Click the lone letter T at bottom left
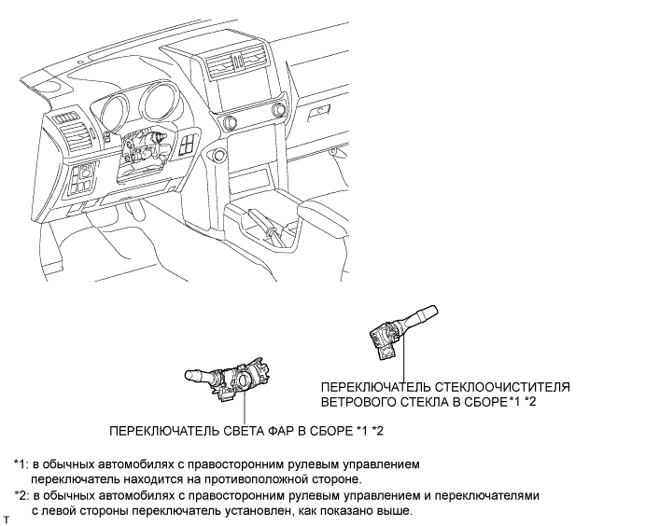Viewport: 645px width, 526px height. pos(7,519)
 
